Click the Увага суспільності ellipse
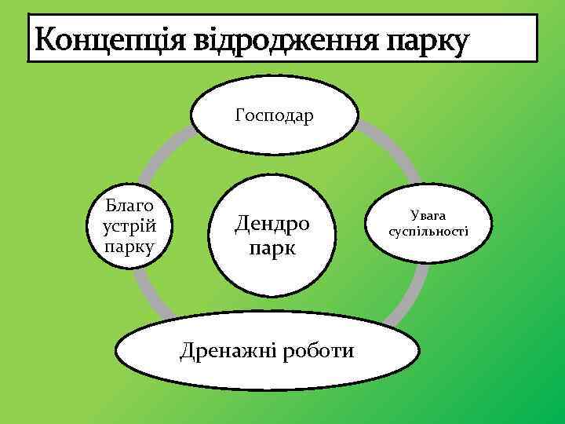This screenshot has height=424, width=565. [428, 223]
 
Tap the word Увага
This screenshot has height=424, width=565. [428, 214]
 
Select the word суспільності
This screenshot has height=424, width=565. [428, 232]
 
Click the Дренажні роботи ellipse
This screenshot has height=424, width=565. [267, 351]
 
